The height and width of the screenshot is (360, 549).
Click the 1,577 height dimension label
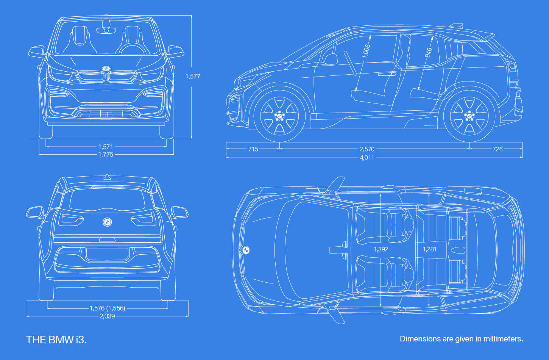[193, 77]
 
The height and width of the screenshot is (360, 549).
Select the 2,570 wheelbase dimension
[367, 149]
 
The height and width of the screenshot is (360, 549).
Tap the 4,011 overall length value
[367, 157]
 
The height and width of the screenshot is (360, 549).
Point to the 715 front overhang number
[253, 149]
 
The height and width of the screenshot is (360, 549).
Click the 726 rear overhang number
[498, 149]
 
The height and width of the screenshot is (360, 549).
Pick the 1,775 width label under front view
[106, 155]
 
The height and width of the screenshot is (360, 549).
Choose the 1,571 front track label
[106, 147]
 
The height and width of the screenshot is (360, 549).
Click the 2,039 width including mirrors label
[107, 316]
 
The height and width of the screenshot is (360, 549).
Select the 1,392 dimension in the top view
[381, 249]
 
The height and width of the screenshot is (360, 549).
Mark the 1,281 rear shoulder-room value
[429, 249]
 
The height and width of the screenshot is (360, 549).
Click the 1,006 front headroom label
[366, 51]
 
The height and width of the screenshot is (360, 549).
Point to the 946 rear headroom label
[428, 53]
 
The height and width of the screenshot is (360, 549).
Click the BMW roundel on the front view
[106, 69]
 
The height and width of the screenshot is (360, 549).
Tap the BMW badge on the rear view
[107, 222]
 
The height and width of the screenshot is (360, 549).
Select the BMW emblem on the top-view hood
[246, 250]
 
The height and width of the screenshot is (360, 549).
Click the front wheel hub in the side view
[279, 116]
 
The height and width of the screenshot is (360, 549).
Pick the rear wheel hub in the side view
[469, 116]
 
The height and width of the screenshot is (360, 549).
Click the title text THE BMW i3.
[56, 340]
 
